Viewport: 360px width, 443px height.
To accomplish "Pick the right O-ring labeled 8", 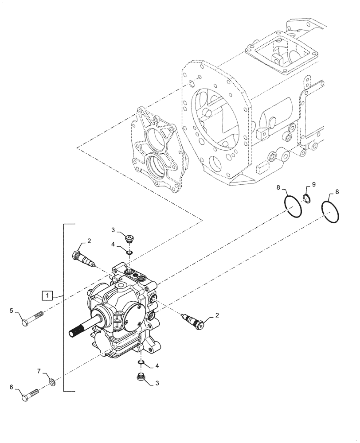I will coord(330,212).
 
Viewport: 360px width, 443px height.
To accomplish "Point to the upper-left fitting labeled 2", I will coord(84,259).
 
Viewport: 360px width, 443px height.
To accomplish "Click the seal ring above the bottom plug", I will coord(141,363).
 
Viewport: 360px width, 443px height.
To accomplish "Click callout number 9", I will coord(313,184).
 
